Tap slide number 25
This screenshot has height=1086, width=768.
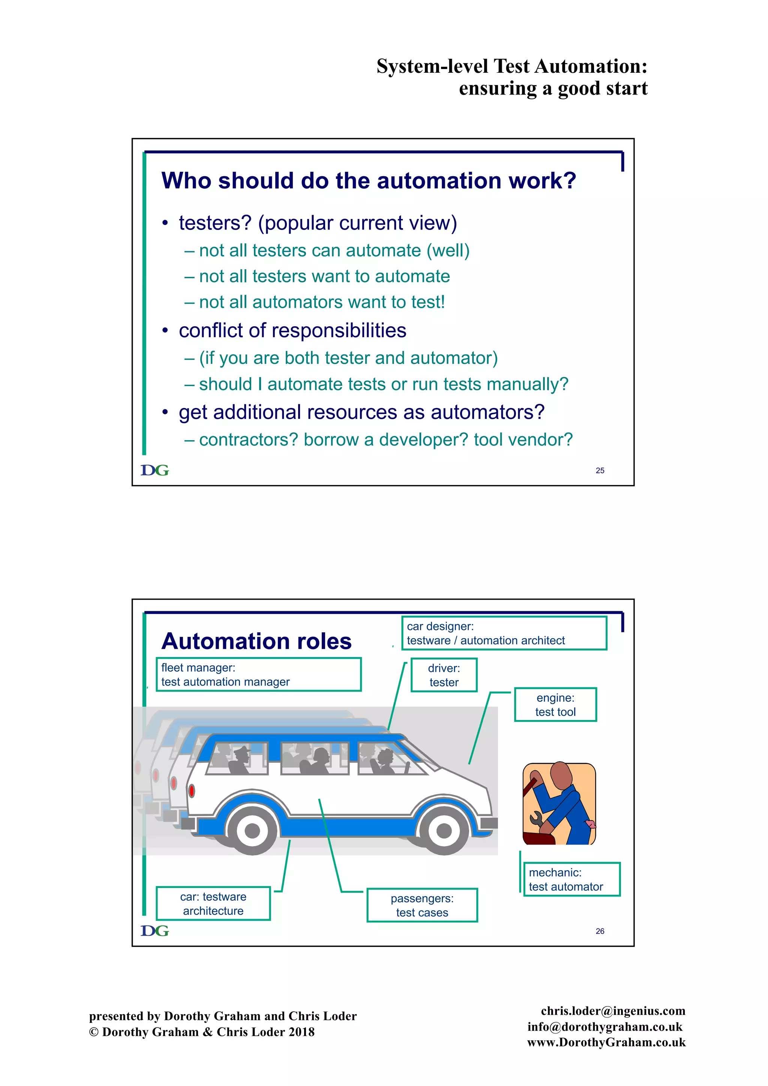pos(600,470)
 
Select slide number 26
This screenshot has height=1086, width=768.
pos(600,931)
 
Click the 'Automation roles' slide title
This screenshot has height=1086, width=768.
pos(256,641)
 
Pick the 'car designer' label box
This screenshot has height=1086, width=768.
pos(504,633)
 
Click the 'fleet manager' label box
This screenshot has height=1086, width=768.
pos(258,675)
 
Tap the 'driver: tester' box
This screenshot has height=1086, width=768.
pos(444,675)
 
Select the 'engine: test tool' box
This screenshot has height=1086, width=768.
pos(555,704)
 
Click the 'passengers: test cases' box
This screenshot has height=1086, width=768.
pos(422,905)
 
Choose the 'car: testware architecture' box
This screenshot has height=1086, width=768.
pos(213,903)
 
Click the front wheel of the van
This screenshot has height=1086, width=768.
pos(444,831)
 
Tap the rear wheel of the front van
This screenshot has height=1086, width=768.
pos(252,831)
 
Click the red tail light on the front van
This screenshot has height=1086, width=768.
pos(192,790)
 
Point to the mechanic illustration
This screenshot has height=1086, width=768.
pos(559,804)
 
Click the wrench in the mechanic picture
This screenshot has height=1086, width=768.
pos(536,818)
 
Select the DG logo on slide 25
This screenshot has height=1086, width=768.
pos(154,470)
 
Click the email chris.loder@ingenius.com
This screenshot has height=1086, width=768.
pos(613,1011)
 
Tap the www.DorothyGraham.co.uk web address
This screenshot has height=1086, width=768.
pos(606,1042)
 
